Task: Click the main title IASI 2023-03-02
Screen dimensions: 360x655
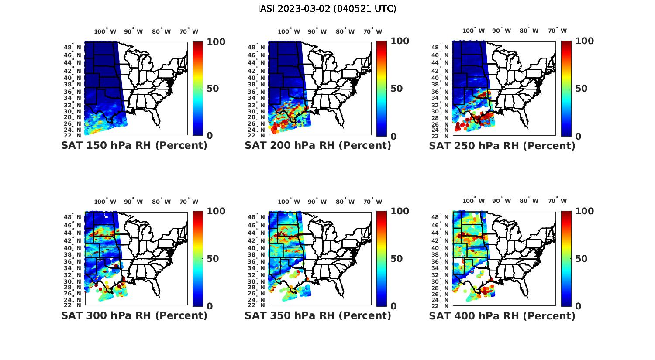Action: point(327,9)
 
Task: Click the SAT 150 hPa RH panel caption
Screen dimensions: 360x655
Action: point(134,146)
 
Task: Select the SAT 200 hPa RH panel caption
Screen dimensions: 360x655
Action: point(318,146)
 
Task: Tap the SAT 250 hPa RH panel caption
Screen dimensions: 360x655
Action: point(502,146)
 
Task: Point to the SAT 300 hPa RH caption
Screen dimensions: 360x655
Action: point(134,315)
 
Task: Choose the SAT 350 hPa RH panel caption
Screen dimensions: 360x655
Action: point(318,315)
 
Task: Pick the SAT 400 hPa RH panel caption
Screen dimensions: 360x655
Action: point(502,315)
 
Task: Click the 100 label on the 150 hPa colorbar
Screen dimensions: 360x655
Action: point(216,41)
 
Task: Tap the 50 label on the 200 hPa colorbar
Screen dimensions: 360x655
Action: point(396,89)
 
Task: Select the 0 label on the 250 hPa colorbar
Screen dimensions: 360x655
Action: point(578,136)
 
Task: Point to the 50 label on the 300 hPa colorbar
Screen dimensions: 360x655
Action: point(213,259)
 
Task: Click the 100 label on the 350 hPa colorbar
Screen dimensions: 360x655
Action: point(400,211)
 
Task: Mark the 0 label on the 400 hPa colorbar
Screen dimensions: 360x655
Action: point(578,306)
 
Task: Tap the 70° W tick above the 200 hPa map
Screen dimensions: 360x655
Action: point(372,31)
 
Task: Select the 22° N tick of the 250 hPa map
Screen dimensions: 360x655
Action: point(443,136)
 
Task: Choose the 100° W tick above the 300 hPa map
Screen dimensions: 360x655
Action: point(105,202)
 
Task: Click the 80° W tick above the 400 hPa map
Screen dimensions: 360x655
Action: point(529,201)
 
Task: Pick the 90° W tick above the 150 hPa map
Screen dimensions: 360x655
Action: point(133,31)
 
